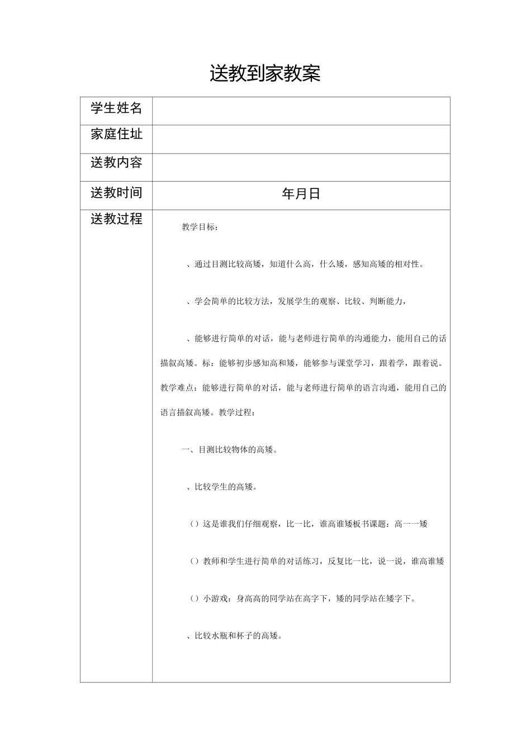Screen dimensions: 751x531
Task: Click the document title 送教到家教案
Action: coord(265,73)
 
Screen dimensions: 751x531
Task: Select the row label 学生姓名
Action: coord(116,108)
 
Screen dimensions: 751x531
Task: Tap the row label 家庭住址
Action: coord(116,134)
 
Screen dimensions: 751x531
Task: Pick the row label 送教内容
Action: coord(116,163)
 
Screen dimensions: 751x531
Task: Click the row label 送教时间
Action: coord(116,193)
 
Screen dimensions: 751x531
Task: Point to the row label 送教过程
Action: coord(116,218)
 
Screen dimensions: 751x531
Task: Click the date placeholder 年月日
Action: coord(301,194)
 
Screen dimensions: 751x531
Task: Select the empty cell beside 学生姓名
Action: coord(301,111)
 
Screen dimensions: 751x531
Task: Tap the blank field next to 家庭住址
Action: coord(301,139)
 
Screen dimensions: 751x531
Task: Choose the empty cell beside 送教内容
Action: coord(301,167)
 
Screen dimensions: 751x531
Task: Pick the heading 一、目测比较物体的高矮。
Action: coord(229,450)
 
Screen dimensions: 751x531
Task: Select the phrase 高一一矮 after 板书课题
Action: coord(411,524)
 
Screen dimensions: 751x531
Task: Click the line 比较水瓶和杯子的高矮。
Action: coord(238,636)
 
